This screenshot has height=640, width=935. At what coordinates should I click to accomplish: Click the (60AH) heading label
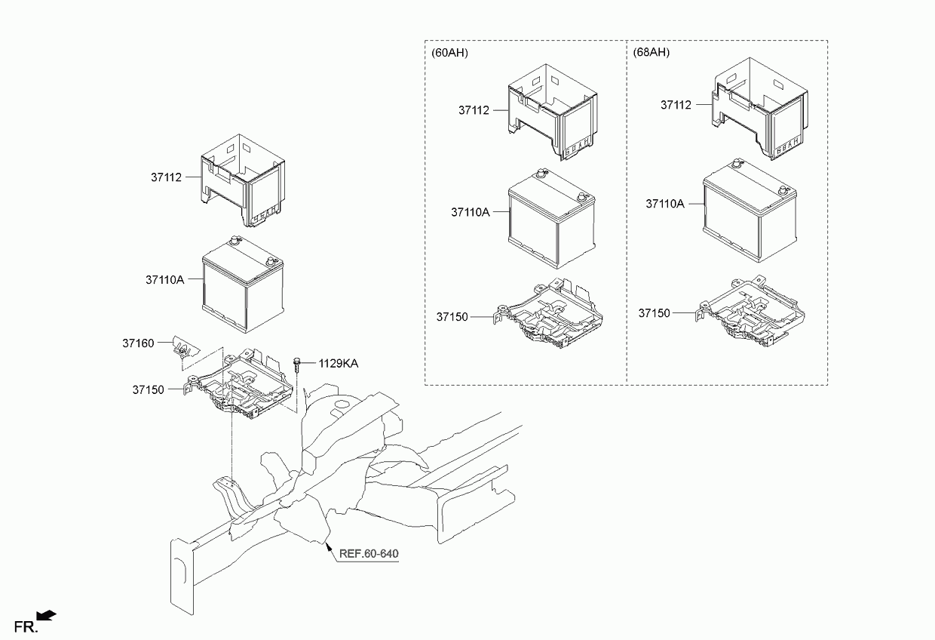coord(449,53)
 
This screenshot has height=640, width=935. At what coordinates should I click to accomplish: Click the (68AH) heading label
coord(651,53)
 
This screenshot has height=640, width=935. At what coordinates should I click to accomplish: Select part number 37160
coord(138,343)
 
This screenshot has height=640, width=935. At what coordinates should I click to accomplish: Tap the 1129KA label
coord(338,364)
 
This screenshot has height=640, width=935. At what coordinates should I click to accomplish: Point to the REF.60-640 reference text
coord(369,554)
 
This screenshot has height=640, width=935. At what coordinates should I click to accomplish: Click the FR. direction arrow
coord(46,616)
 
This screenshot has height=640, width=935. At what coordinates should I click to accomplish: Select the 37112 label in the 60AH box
coord(474,110)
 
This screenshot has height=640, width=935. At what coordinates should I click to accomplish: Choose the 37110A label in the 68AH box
coord(665,204)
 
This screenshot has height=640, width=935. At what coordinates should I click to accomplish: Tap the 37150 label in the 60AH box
coord(452,317)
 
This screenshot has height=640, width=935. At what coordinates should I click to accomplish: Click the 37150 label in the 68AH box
coord(654,312)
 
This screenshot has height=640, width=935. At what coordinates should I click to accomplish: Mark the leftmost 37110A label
coord(165,279)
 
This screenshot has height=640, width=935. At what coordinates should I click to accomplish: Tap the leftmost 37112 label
coord(166,177)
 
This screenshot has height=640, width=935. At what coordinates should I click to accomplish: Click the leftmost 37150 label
coord(149,390)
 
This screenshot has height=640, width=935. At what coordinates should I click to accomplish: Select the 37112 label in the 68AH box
coord(676,106)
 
